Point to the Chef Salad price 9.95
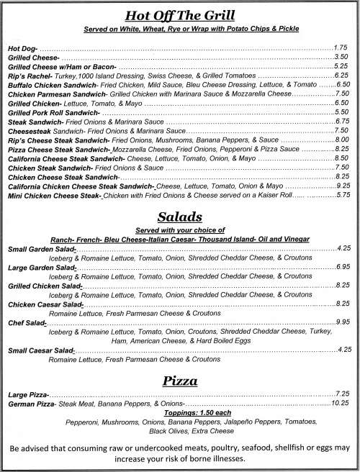click(x=343, y=322)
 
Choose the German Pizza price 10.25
click(x=341, y=403)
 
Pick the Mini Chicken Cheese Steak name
click(x=54, y=195)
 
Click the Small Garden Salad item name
click(x=42, y=248)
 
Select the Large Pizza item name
click(x=28, y=394)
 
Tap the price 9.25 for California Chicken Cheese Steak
click(x=343, y=185)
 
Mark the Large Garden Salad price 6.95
click(x=343, y=266)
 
